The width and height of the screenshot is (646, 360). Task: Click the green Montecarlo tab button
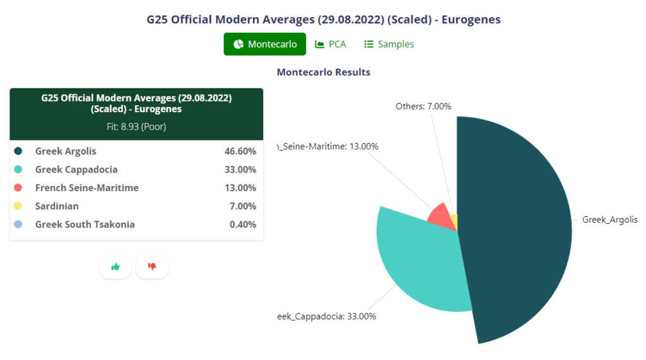click(265, 44)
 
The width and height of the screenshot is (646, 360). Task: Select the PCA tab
click(331, 44)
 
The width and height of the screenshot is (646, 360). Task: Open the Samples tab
click(389, 44)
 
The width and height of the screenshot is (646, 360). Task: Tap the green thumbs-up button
click(115, 267)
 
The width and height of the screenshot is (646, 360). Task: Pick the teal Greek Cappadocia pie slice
click(416, 258)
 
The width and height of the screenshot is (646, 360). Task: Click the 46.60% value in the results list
click(240, 151)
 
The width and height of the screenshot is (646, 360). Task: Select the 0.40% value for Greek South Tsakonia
click(242, 224)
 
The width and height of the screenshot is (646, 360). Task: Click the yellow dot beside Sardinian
click(18, 206)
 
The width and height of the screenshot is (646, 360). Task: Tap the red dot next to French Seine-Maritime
click(18, 188)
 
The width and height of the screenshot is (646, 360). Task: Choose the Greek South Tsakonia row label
click(85, 224)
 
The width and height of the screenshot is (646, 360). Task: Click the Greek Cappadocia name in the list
click(76, 170)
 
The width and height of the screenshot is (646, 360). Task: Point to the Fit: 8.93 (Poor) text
click(136, 126)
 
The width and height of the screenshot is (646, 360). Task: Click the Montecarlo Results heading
click(324, 72)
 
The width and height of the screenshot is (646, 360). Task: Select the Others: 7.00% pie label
click(423, 106)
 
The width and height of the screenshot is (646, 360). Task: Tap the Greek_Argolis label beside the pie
click(609, 219)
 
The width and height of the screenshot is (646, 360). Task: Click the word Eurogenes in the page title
click(471, 20)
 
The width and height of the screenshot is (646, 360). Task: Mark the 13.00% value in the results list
click(240, 188)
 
